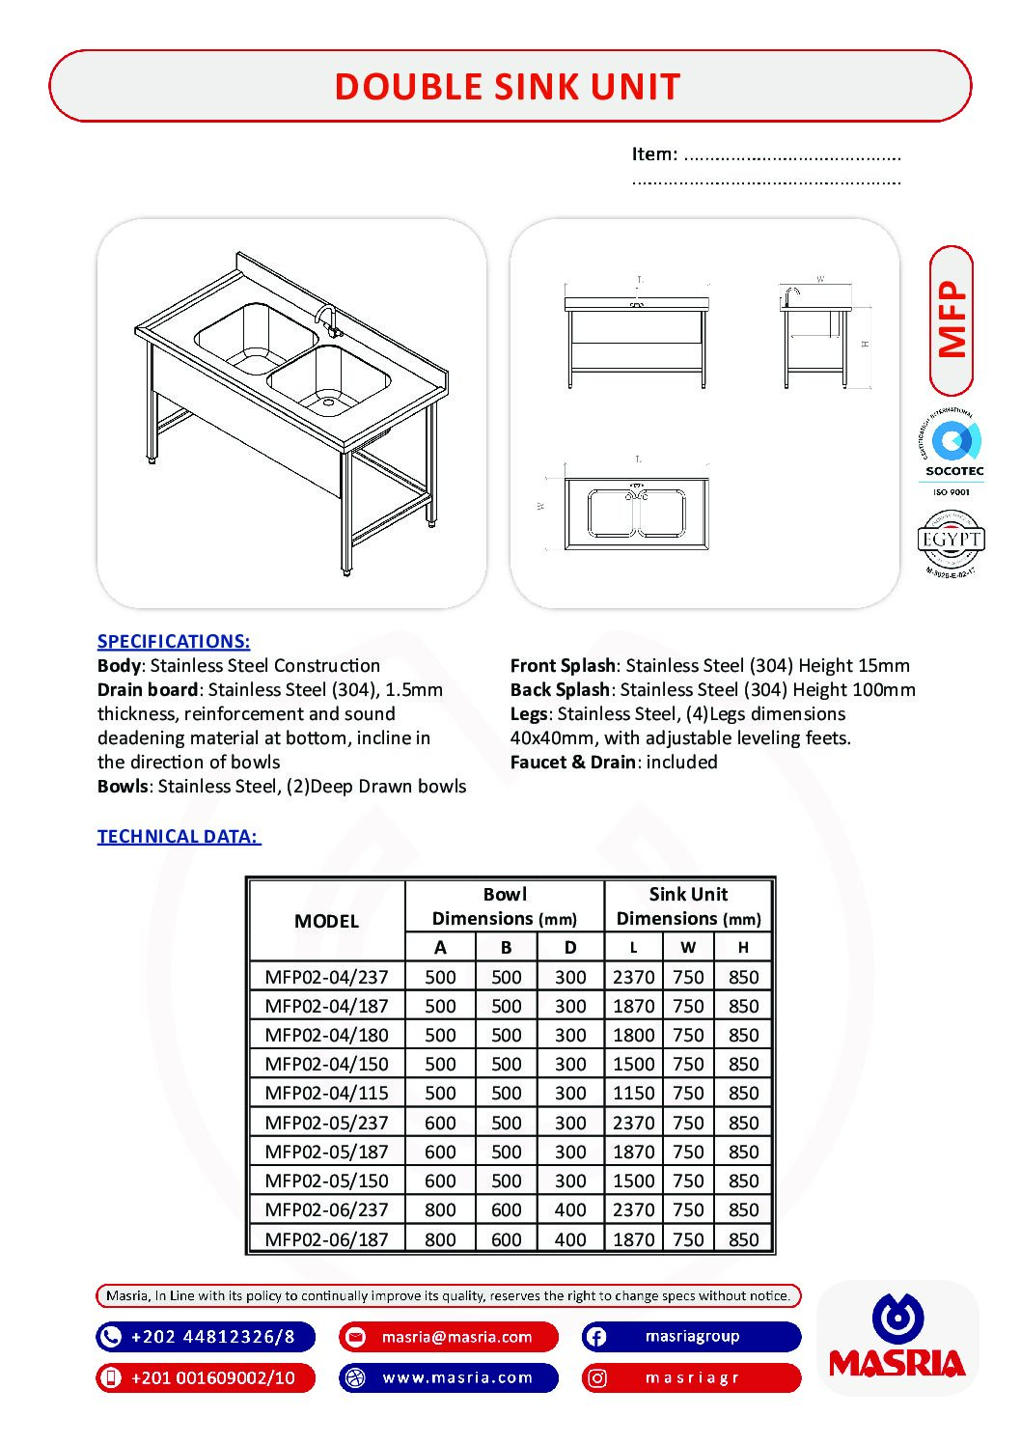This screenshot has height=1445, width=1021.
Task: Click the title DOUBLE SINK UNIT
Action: pos(508,87)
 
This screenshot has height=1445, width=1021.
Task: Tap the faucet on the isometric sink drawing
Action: pos(327,318)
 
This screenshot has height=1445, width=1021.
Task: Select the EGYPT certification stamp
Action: pos(951,542)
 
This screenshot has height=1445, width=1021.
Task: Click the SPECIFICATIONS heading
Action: pos(174,641)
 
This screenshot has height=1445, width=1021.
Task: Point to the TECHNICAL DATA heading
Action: pos(179,836)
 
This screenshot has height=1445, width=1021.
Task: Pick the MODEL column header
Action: pos(326,921)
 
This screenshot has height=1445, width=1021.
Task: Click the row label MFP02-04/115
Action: pos(326,1093)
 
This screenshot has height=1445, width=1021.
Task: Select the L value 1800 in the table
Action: pos(633,1035)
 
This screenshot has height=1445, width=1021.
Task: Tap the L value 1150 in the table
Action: pos(633,1093)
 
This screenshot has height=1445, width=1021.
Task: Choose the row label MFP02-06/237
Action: pos(326,1209)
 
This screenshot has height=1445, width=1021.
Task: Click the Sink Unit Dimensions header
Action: pos(688,906)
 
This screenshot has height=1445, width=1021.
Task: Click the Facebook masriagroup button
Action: pos(692,1337)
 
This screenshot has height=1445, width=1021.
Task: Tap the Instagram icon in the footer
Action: pos(597,1378)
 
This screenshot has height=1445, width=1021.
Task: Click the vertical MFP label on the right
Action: pos(952,320)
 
